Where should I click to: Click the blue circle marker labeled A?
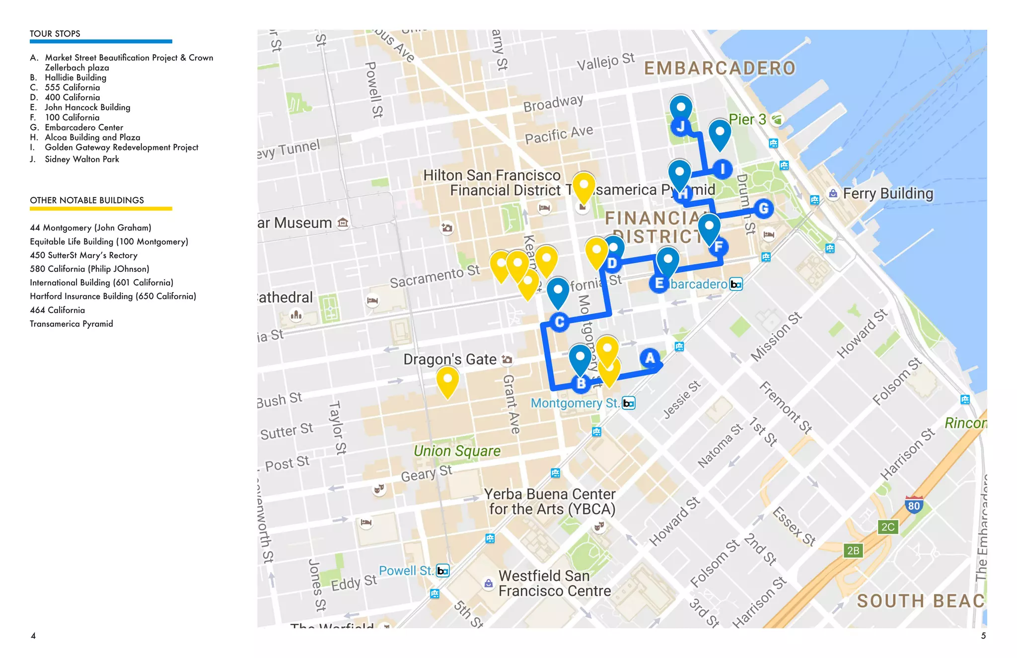[650, 358]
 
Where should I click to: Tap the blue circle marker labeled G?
[763, 209]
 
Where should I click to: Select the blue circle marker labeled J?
[680, 127]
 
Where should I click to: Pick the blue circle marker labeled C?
[559, 322]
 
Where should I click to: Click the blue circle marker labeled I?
[722, 169]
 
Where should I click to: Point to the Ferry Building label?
[888, 193]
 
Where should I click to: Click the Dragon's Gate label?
[450, 359]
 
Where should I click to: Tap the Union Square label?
[457, 450]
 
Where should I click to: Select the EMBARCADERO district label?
[720, 69]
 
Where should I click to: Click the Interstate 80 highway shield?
[914, 505]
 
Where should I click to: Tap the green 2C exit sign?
[887, 527]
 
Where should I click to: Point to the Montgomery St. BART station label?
[575, 403]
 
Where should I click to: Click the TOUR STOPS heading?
[55, 34]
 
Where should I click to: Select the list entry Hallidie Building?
[75, 77]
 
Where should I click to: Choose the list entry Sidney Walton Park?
[82, 159]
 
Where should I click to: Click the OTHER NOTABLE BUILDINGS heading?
[87, 200]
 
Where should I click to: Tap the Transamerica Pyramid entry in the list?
[72, 324]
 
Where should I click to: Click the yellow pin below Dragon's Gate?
[447, 381]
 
